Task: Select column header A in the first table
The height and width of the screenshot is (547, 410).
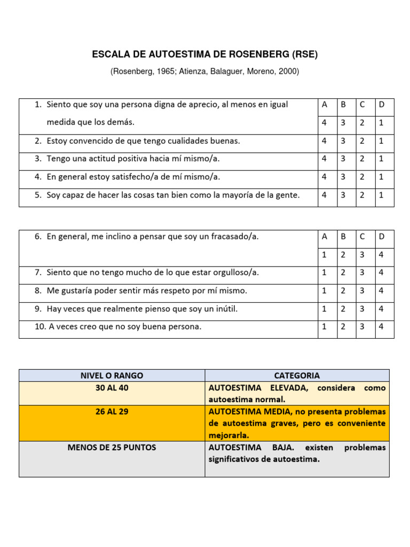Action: [x=325, y=105]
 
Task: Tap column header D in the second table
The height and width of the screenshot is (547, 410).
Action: [x=381, y=236]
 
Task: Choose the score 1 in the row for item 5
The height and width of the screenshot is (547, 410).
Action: [x=381, y=196]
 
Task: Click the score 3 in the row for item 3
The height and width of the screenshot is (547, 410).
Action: [x=343, y=159]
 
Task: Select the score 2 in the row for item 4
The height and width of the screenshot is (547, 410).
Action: [x=362, y=177]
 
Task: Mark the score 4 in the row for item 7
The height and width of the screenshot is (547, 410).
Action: [x=381, y=272]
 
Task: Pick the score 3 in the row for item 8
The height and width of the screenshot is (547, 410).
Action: [x=362, y=291]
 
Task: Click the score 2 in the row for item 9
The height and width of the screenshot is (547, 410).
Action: [x=343, y=309]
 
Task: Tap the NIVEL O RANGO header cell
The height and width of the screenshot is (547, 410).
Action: [x=112, y=376]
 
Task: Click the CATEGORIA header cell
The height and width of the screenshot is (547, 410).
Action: [x=297, y=376]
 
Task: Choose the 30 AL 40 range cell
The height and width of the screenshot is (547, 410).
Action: [x=112, y=388]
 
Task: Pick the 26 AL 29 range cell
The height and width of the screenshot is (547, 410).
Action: [x=112, y=412]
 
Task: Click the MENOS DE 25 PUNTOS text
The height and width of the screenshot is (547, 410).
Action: [x=112, y=447]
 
